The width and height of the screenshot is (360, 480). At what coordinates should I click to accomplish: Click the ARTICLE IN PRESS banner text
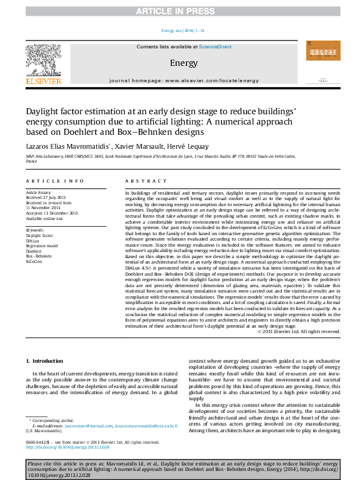pos(180,11)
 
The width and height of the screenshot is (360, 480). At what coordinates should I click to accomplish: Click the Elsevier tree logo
pos(43,57)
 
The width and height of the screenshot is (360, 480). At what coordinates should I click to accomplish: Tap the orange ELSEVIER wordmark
pos(43,80)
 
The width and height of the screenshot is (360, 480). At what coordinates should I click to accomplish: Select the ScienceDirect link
pos(215,47)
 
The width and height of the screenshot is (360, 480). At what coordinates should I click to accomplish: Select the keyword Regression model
pos(43,245)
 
